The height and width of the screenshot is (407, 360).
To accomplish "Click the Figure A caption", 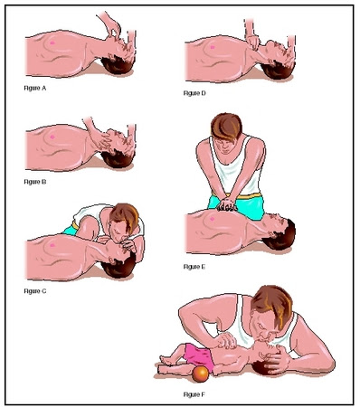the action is pyautogui.click(x=35, y=88).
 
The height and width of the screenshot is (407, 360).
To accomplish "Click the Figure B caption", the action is pyautogui.click(x=35, y=182).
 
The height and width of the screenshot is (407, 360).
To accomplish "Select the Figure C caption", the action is pyautogui.click(x=35, y=291).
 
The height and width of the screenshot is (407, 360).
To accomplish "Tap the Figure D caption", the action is pyautogui.click(x=194, y=93).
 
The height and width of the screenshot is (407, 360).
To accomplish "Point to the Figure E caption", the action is pyautogui.click(x=194, y=267).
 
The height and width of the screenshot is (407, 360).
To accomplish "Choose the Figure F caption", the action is pyautogui.click(x=194, y=394).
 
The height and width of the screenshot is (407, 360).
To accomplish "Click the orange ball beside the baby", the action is pyautogui.click(x=200, y=374).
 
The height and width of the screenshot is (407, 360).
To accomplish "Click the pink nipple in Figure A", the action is pyautogui.click(x=52, y=43).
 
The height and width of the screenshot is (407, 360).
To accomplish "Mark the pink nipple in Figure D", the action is pyautogui.click(x=213, y=47).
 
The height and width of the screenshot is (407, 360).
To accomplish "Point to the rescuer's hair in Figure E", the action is pyautogui.click(x=227, y=126).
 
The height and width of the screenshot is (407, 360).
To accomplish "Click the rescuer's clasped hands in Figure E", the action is pyautogui.click(x=227, y=204).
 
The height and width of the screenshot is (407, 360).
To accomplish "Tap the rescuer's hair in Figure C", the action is pyautogui.click(x=125, y=216).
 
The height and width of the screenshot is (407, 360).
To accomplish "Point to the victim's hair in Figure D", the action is pyautogui.click(x=279, y=71).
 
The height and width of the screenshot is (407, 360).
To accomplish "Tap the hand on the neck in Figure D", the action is pyautogui.click(x=253, y=43).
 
